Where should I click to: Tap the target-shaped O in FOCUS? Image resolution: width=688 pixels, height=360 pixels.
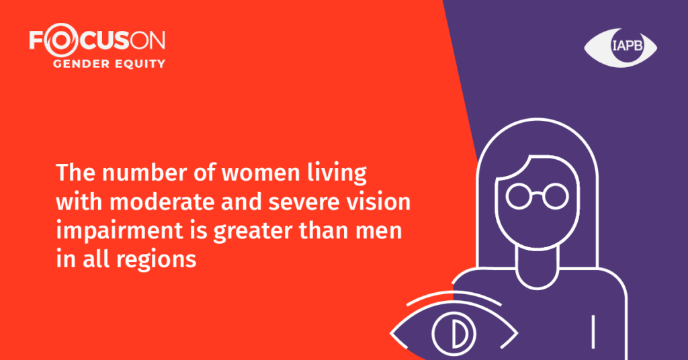pyautogui.click(x=60, y=40)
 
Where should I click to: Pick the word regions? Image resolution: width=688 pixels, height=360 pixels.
pyautogui.click(x=156, y=259)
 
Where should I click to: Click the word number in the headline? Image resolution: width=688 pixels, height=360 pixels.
pyautogui.click(x=144, y=173)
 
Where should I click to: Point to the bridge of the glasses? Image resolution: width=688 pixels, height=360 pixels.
pyautogui.click(x=537, y=193)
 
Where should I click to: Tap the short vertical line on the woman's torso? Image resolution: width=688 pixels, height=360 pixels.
pyautogui.click(x=593, y=332)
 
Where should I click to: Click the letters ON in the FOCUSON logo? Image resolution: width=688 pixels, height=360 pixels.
pyautogui.click(x=148, y=40)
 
